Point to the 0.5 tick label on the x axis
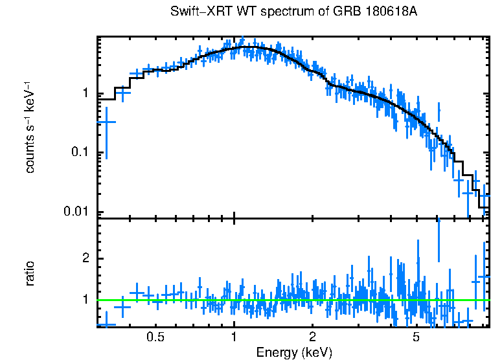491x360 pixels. [x=155, y=337]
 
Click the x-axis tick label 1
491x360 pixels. [x=234, y=337]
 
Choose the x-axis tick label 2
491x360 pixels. [x=312, y=337]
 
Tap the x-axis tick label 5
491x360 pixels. [x=416, y=337]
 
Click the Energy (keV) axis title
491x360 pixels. [x=294, y=353]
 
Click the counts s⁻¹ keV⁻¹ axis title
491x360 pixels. [x=30, y=126]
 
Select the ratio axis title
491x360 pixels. [x=30, y=273]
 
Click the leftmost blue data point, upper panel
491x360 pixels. [x=106, y=122]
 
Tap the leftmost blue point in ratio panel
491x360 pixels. [x=106, y=324]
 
